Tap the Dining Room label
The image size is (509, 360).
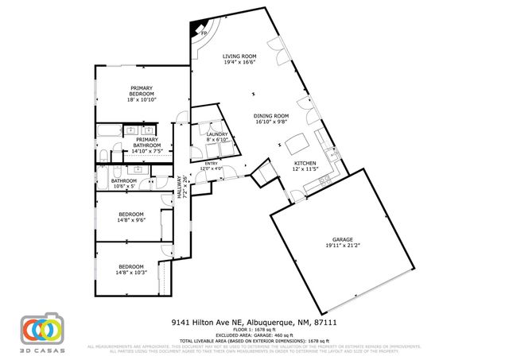tap(271, 116)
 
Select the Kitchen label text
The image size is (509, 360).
tap(306, 164)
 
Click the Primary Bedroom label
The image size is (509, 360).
tap(142, 91)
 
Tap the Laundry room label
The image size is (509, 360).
tap(217, 134)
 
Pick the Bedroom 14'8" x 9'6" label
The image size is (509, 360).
tap(131, 215)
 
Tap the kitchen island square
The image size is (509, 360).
tap(297, 144)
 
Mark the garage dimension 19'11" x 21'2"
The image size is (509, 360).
tap(342, 245)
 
